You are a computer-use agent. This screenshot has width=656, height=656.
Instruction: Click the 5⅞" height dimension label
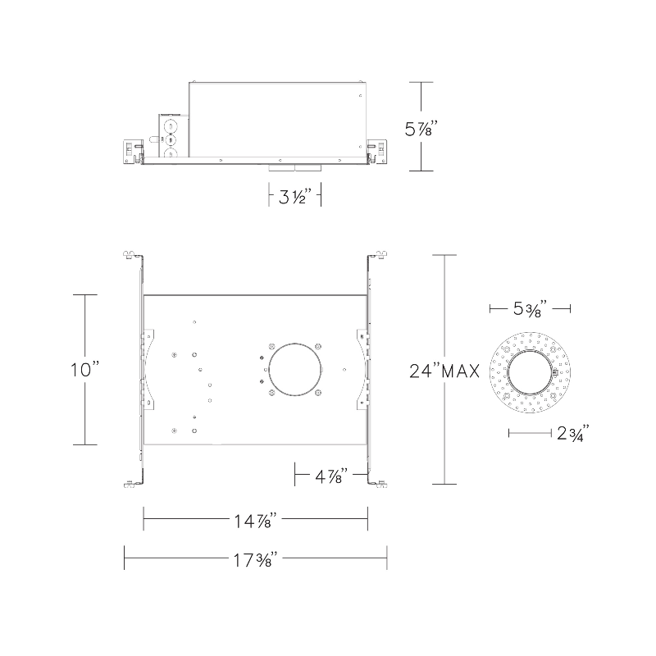click(421, 129)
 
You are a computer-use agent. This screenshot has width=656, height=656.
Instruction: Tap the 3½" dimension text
click(295, 196)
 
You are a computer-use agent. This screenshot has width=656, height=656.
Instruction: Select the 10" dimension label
click(85, 370)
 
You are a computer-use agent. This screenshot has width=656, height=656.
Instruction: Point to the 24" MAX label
click(444, 371)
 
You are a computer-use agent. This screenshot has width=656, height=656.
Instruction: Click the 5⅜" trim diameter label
click(530, 308)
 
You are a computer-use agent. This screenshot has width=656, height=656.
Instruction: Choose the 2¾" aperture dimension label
click(572, 433)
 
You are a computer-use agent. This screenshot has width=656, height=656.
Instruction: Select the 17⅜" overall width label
click(255, 559)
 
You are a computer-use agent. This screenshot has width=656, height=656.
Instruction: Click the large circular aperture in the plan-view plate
click(294, 370)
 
